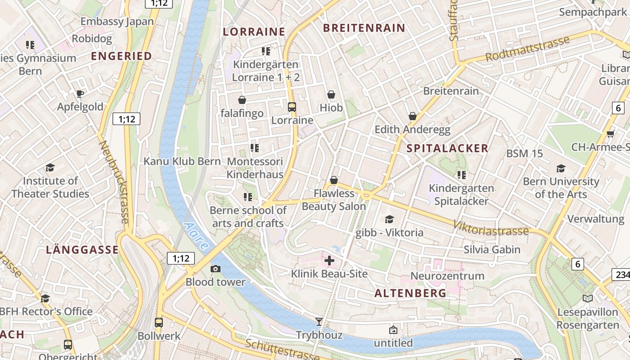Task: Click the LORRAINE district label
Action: tap(254, 31)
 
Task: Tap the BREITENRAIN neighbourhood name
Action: tap(364, 28)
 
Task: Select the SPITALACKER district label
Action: tap(447, 148)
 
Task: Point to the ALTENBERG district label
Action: tap(410, 293)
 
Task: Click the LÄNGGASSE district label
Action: tap(82, 250)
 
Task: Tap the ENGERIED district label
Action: tap(121, 56)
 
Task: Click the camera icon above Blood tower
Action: tap(216, 269)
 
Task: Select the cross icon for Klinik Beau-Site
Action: tap(329, 261)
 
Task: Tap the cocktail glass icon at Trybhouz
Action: tap(319, 321)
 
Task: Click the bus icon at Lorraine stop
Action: tap(292, 107)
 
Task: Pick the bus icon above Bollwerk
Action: tap(159, 322)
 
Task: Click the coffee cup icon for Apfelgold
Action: tap(80, 94)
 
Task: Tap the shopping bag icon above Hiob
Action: tap(331, 94)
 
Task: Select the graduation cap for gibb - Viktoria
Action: tap(389, 219)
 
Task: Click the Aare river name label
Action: tap(197, 236)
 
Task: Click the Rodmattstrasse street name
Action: tap(527, 49)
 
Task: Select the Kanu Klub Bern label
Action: tap(182, 161)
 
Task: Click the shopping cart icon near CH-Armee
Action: tap(611, 134)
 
